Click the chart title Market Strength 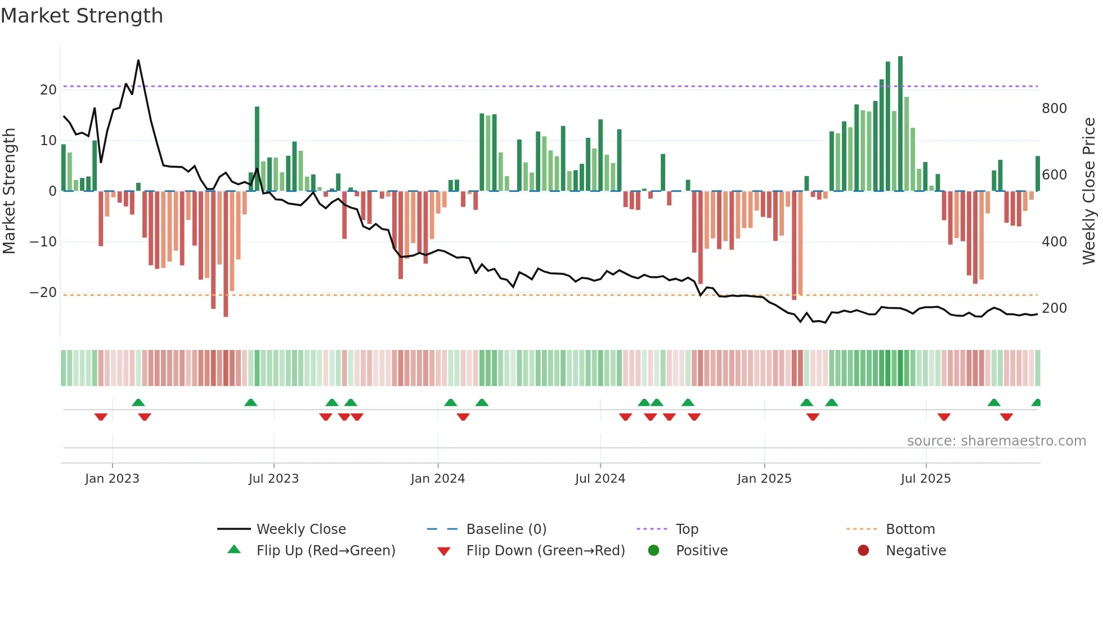point(82,16)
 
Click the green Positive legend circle point(653,551)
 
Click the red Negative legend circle point(863,551)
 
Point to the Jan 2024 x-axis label point(438,479)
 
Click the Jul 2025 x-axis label point(926,479)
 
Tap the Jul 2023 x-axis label point(273,479)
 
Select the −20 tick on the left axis point(43,293)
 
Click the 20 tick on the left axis point(48,90)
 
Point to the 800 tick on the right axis point(1054,109)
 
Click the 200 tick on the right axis point(1054,308)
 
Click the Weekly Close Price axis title point(1089,191)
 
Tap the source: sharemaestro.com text point(996,441)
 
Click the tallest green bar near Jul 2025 point(900,124)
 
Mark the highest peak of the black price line point(138,60)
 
